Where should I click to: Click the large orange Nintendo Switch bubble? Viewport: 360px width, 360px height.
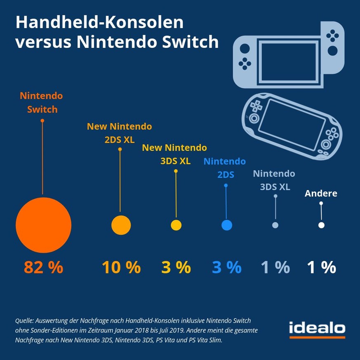(x=43, y=225)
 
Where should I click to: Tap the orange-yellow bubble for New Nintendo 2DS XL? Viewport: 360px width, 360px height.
(x=121, y=225)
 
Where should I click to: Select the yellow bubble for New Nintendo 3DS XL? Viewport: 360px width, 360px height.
(x=176, y=225)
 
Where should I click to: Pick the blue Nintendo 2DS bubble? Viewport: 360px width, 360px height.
(x=226, y=225)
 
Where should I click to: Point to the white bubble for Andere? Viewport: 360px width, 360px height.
(x=321, y=225)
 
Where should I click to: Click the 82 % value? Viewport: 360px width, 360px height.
(x=43, y=268)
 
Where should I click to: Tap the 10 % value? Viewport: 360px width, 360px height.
(x=121, y=268)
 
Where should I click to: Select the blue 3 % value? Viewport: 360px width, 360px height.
(x=226, y=268)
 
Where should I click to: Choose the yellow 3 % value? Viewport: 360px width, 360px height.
(x=176, y=268)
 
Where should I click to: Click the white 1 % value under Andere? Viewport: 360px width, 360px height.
(x=321, y=268)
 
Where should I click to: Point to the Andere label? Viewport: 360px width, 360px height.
(x=321, y=193)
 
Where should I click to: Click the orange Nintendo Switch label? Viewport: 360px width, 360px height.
(x=42, y=103)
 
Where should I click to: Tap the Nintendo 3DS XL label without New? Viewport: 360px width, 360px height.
(x=274, y=180)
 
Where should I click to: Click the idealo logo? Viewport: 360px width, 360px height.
(x=317, y=329)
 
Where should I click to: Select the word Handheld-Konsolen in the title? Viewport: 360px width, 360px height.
(x=99, y=23)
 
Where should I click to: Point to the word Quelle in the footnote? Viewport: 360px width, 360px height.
(x=24, y=320)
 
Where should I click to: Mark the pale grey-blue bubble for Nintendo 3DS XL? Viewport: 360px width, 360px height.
(x=275, y=225)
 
